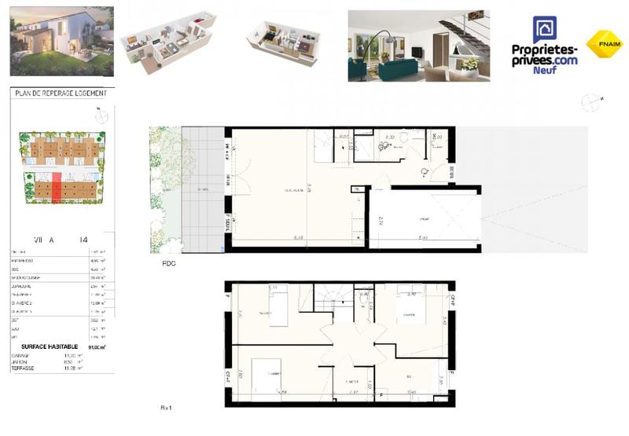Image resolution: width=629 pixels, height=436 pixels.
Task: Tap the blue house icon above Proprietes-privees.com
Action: (544, 31)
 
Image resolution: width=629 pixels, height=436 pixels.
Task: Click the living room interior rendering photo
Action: (418, 46)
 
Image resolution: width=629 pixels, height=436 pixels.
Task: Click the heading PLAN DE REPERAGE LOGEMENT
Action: (61, 93)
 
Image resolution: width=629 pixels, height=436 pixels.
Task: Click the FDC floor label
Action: (168, 264)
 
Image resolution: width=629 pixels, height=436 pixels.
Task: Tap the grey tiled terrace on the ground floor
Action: (203, 189)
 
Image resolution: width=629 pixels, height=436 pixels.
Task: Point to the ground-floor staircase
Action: (326, 145)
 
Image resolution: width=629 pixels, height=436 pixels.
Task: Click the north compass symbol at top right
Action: (588, 101)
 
